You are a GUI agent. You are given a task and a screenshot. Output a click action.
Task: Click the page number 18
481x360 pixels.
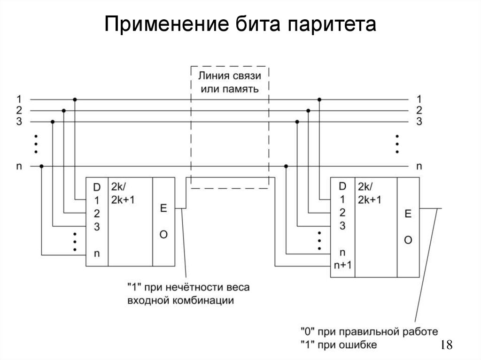446,345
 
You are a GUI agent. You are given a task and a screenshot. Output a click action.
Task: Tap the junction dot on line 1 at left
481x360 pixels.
74,100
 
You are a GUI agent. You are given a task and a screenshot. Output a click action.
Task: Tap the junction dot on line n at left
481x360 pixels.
42,166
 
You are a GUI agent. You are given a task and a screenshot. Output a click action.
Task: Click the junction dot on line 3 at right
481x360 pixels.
297,122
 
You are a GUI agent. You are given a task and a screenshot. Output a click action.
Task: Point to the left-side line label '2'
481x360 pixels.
19,110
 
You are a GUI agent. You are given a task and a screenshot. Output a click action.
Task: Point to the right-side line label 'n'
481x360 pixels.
419,166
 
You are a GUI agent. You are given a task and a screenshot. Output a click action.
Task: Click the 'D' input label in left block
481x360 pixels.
96,188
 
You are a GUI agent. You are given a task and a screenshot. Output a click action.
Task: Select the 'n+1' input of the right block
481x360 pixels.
342,264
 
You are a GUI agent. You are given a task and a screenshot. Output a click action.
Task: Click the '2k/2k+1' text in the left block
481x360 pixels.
123,192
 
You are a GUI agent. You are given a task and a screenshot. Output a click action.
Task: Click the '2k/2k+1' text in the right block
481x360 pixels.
369,192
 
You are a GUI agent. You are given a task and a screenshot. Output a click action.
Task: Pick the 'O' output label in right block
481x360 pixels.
408,240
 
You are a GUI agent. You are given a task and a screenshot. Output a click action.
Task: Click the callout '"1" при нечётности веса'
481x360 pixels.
188,287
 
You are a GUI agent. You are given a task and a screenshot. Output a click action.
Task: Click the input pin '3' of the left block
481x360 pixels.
96,227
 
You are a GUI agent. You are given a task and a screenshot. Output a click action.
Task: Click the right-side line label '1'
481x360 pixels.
419,99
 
